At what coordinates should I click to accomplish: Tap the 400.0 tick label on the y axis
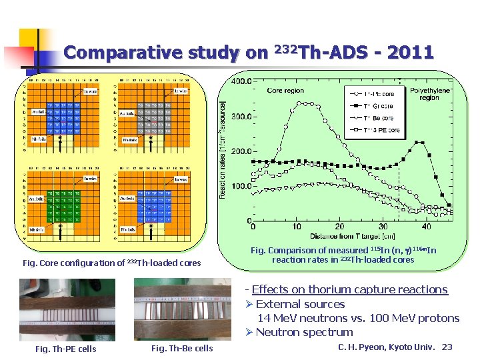click(x=241, y=81)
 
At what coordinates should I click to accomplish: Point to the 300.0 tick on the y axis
click(x=241, y=116)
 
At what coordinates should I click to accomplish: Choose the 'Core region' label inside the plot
click(x=285, y=91)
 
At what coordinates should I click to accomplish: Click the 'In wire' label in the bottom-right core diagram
click(x=181, y=179)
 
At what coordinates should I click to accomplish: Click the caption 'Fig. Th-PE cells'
click(x=65, y=349)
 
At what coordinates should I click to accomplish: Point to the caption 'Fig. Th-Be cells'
click(x=182, y=349)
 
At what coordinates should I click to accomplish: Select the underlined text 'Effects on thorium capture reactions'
click(x=349, y=289)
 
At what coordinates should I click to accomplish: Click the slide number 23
click(x=447, y=347)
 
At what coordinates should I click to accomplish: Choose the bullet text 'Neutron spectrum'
click(x=304, y=332)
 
